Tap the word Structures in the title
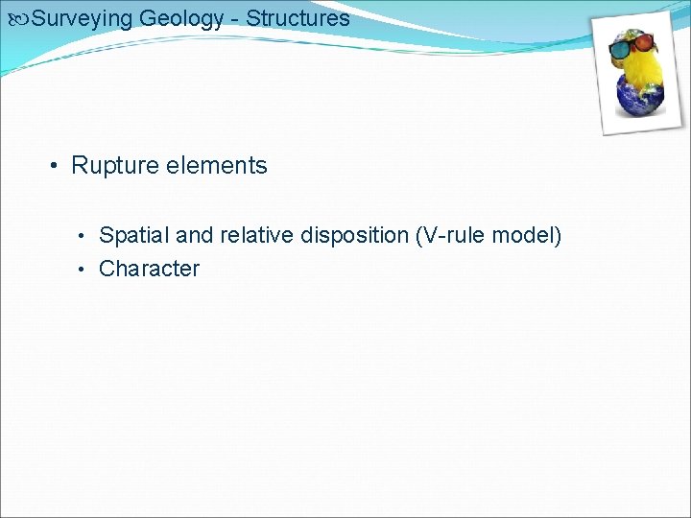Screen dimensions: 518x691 pos(298,18)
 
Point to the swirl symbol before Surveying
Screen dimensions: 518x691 pos(17,18)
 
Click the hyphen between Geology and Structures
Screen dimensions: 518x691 pos(237,19)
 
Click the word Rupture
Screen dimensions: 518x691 pos(115,166)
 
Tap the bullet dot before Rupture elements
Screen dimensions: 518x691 pos(57,167)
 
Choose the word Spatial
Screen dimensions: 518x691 pos(133,235)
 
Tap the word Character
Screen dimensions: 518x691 pos(149,269)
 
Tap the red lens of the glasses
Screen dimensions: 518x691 pos(645,42)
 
